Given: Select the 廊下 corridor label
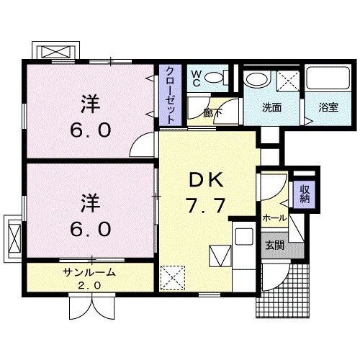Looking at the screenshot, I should coord(212,113).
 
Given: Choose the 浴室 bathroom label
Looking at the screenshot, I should coord(328,109).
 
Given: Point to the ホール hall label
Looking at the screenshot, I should coord(274,218).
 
